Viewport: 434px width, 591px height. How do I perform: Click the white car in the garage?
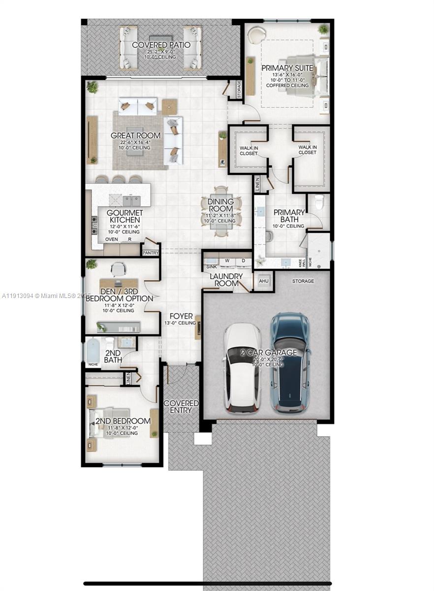[x=243, y=367]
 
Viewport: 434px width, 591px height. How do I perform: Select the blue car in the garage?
[x=291, y=362]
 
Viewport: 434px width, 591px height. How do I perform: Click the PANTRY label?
[x=151, y=253]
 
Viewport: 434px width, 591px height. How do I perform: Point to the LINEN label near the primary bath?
[x=258, y=185]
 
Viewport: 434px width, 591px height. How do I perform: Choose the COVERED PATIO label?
[x=154, y=45]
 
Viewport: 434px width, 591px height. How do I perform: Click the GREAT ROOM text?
[x=135, y=135]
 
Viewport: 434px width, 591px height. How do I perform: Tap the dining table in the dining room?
[x=221, y=211]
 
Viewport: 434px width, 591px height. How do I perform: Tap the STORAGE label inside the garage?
[x=303, y=281]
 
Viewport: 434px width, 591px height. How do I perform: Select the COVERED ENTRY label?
[x=181, y=407]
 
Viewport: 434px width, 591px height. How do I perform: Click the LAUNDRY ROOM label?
[x=226, y=279]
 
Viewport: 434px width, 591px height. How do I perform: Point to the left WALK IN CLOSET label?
[x=248, y=150]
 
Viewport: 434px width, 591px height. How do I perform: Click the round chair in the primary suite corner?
[x=255, y=36]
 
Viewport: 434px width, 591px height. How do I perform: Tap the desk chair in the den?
[x=118, y=269]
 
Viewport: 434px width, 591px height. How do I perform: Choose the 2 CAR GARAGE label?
[x=268, y=353]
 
